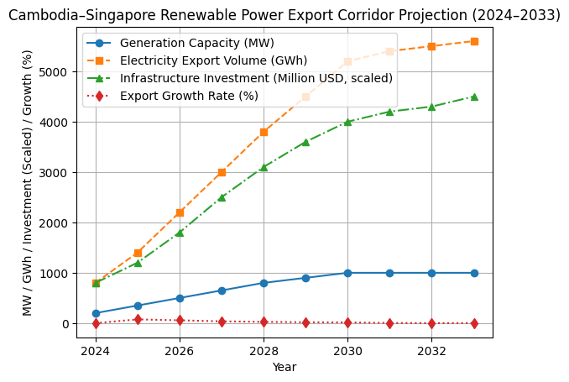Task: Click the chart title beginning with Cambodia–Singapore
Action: point(284,14)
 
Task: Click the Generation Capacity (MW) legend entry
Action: point(196,43)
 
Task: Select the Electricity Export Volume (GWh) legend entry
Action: point(213,60)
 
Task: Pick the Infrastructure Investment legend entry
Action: point(256,78)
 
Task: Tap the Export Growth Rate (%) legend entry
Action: point(189,96)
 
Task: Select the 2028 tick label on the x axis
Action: point(264,350)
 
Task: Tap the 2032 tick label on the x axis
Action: point(431,350)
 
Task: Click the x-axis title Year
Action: point(284,367)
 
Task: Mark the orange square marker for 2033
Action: point(474,41)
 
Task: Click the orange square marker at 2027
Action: point(222,172)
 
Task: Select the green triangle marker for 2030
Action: point(347,122)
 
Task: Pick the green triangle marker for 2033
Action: point(474,97)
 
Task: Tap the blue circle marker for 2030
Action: point(347,273)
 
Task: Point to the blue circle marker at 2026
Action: point(180,298)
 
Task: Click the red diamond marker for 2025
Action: point(138,319)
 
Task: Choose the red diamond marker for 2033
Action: point(474,323)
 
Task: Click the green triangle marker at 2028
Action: point(264,167)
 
